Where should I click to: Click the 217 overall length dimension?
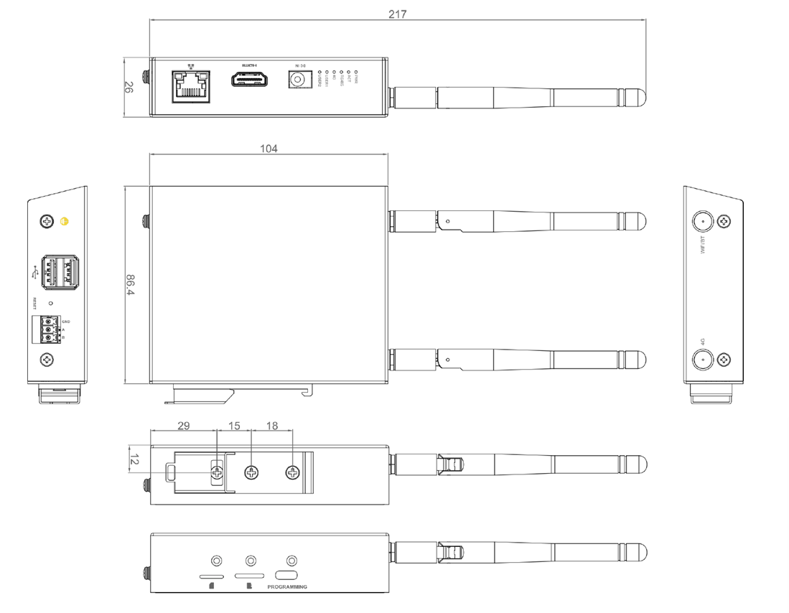(398, 14)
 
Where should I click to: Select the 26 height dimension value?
(129, 88)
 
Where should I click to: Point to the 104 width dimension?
(269, 148)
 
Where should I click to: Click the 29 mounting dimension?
(183, 426)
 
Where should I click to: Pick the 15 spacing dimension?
(235, 426)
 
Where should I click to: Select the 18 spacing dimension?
(272, 426)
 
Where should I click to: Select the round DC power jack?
(298, 78)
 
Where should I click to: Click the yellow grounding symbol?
(64, 221)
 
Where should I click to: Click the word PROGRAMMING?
(286, 587)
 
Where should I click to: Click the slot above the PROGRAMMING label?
(286, 576)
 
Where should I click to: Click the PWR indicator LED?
(357, 72)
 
